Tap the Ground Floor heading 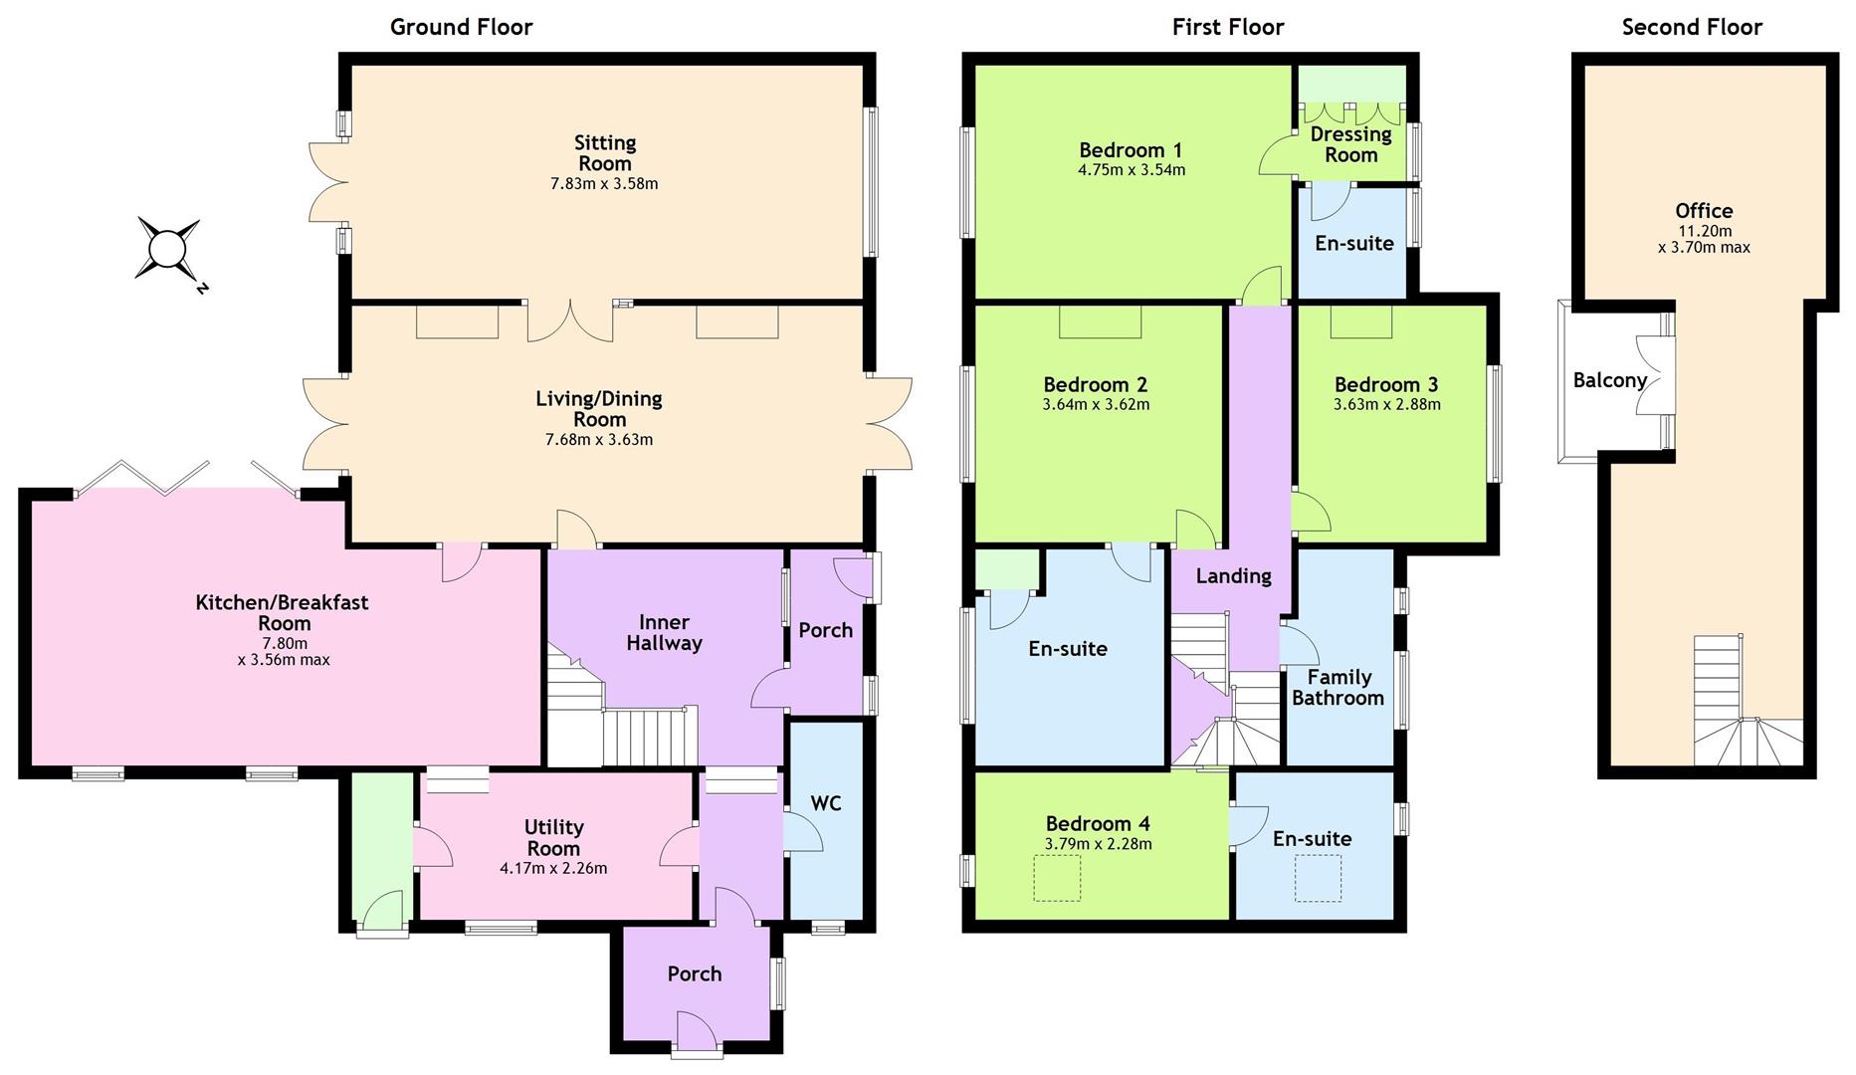(x=461, y=27)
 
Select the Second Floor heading (x=1692, y=27)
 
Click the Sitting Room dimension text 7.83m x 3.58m (x=604, y=184)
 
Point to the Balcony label (x=1609, y=380)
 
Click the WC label (x=826, y=802)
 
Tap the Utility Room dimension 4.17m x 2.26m (x=553, y=868)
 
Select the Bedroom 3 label (x=1386, y=384)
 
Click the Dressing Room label (x=1350, y=144)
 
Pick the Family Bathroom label (x=1339, y=688)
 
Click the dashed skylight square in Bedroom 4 (x=1057, y=879)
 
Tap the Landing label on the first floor (x=1233, y=576)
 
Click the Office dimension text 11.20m (x=1704, y=231)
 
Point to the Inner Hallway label (x=664, y=633)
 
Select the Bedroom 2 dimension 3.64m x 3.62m (x=1096, y=405)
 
